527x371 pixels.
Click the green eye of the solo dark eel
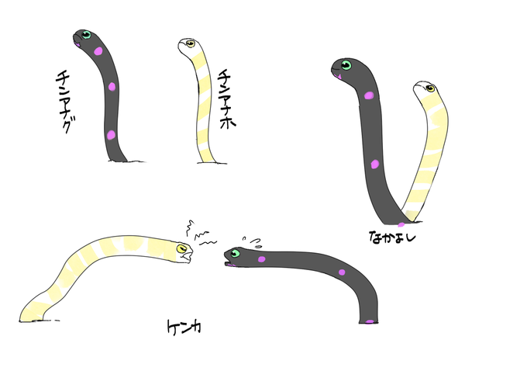coord(86,35)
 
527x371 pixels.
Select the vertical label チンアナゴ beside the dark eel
coord(64,101)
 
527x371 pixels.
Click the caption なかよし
coord(392,237)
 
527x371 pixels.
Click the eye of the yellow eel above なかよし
coord(430,88)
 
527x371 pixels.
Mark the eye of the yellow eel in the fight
coord(182,248)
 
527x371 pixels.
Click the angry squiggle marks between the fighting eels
coord(200,234)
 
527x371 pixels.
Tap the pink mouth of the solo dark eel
coord(78,45)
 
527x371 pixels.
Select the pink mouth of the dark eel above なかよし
coord(336,76)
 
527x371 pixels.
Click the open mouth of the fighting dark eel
coord(228,263)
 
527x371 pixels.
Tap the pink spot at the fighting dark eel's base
coord(370,321)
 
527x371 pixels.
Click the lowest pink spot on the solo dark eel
coord(111,135)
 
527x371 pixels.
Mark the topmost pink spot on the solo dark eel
coord(98,51)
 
